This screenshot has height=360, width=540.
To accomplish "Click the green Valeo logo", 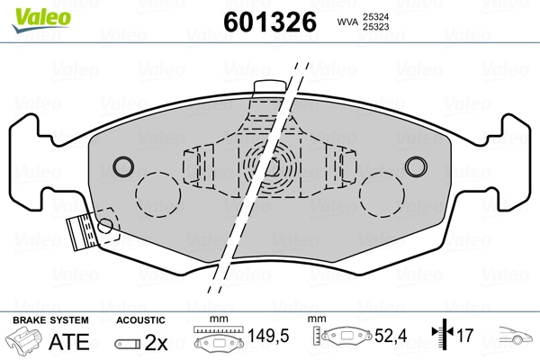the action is coord(41,19).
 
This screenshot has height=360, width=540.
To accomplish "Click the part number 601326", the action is coord(270,22).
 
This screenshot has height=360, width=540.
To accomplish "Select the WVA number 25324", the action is coord(375,17).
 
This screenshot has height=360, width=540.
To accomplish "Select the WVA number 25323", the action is coord(375,27).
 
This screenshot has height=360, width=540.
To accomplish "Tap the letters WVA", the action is coord(347,22).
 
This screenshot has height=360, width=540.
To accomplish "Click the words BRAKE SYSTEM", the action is coord(50,320).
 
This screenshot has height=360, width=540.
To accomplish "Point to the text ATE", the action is coord(69,341).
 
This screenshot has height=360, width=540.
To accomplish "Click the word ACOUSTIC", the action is coord(140,320).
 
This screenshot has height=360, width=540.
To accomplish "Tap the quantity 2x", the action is coord(156,342).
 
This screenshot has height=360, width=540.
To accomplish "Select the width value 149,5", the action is coord(268,336).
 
